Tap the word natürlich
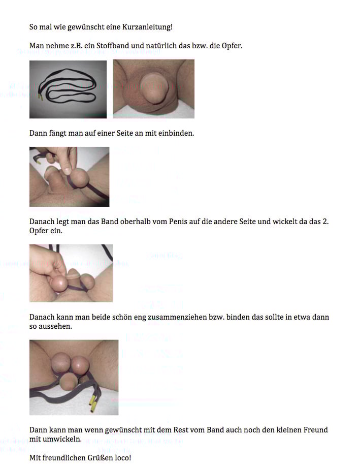(x=155, y=46)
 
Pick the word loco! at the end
(x=123, y=458)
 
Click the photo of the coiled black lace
(x=68, y=89)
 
